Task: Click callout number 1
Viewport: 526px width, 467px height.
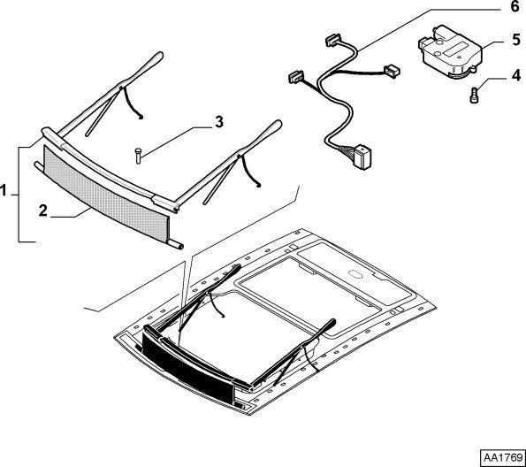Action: (3, 191)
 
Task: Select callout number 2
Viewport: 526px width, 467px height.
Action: (43, 211)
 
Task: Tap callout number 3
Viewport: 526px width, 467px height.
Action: (219, 121)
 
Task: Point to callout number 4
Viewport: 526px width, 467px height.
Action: (516, 75)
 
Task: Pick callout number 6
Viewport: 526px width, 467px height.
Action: (515, 6)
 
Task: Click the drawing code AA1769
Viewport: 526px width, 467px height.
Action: (503, 457)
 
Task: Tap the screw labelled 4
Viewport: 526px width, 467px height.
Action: (474, 96)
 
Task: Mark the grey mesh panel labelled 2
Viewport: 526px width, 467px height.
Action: (105, 194)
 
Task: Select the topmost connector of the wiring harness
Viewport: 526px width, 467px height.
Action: (332, 40)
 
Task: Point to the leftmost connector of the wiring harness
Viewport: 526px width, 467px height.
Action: (296, 77)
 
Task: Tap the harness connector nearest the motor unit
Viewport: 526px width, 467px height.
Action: (393, 71)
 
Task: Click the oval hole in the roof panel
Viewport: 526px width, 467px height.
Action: (355, 273)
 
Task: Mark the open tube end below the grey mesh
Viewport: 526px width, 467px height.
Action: (180, 246)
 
